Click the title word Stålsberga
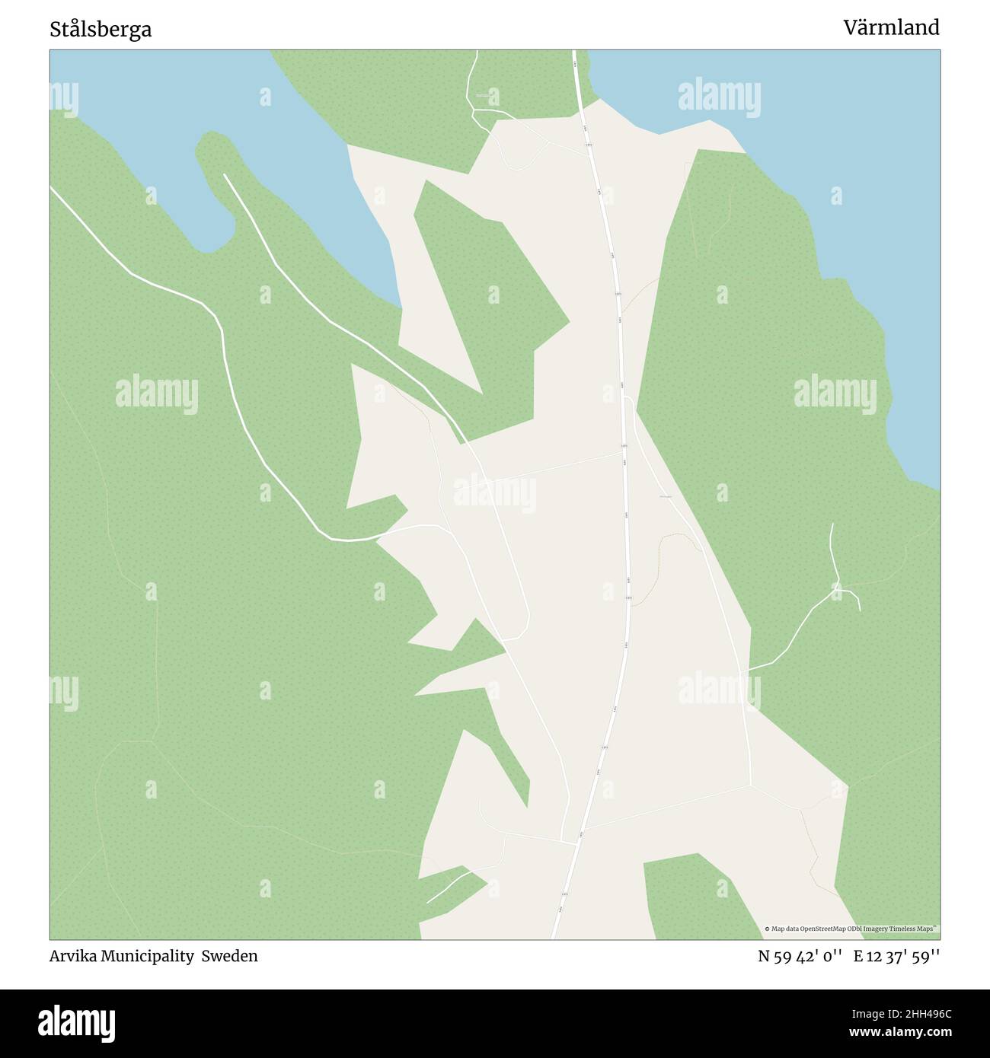point(101,29)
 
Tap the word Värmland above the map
point(890,28)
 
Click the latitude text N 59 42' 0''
point(799,956)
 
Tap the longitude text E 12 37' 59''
point(896,956)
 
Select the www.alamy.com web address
point(896,1033)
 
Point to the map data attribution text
point(851,929)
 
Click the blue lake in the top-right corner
point(838,152)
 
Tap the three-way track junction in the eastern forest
point(836,587)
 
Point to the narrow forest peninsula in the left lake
point(221,175)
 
